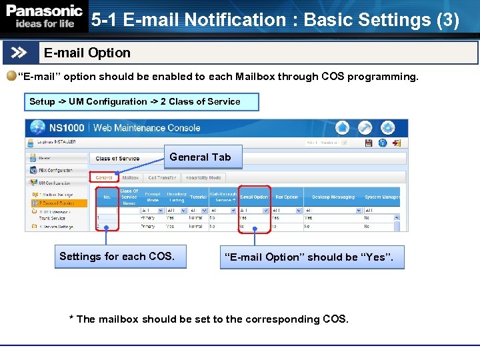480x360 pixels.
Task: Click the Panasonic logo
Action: click(44, 17)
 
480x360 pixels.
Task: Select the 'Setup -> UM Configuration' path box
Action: click(135, 101)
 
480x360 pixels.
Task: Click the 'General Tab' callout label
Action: click(200, 157)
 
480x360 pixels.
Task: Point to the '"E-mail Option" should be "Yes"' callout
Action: click(312, 257)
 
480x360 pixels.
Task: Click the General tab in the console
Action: click(104, 178)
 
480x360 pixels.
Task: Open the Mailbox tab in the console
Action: click(130, 178)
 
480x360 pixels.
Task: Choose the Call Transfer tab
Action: click(162, 178)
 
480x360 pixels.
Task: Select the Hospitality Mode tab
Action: click(204, 178)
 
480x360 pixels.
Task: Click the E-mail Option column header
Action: click(254, 197)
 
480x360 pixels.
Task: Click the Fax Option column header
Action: click(287, 197)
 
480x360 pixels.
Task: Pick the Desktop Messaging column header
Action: click(333, 197)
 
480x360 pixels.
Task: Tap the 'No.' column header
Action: click(106, 197)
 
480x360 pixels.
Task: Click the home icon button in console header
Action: click(342, 127)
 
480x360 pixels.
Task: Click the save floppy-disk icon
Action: click(369, 142)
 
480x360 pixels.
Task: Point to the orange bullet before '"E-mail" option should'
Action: click(11, 76)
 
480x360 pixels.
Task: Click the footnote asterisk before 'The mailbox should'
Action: click(72, 319)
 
